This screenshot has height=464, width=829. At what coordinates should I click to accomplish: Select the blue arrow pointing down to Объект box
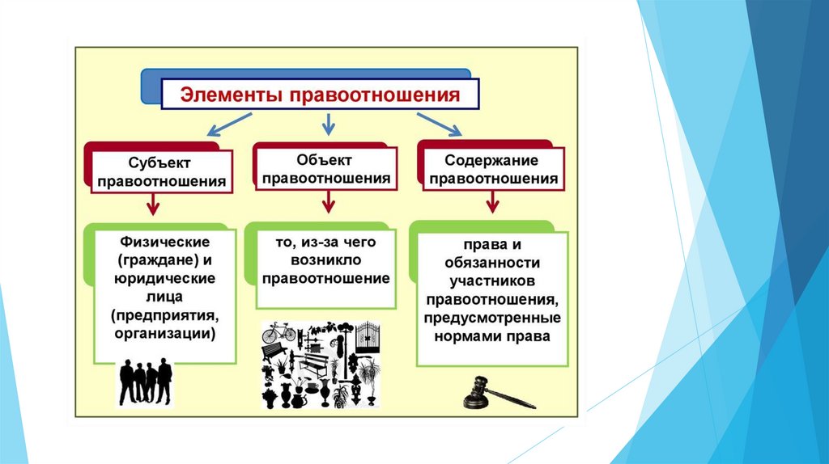pos(328,124)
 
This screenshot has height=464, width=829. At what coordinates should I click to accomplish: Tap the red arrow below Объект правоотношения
pos(328,202)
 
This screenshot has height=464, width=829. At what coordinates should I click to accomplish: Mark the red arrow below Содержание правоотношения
pos(491,202)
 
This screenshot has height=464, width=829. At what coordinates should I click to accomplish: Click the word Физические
pos(165,242)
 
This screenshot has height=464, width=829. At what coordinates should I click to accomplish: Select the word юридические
pos(165,278)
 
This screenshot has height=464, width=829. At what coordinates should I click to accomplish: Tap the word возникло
pos(327,260)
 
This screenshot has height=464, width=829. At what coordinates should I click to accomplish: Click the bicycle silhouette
pos(279,331)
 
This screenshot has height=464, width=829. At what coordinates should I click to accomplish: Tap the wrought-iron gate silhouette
pos(368,338)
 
